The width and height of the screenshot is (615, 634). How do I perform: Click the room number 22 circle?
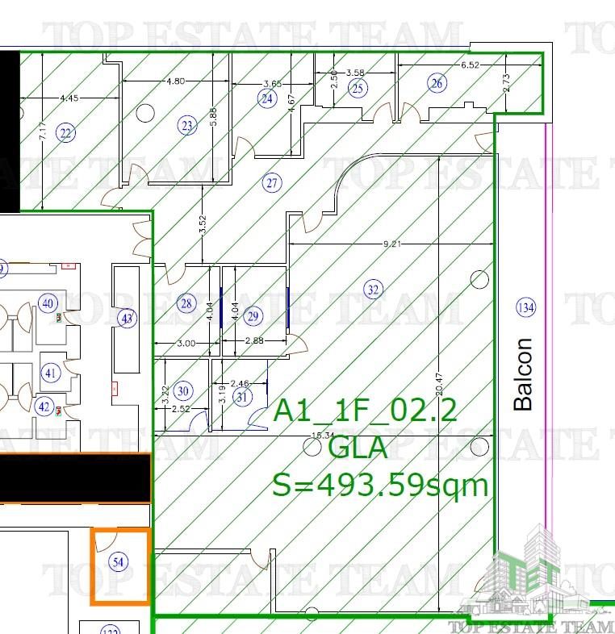[x=66, y=133]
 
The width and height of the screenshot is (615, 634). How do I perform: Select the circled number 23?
[x=187, y=125]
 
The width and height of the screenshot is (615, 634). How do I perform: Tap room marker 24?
[x=267, y=98]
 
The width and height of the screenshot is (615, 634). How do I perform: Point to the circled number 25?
[x=358, y=89]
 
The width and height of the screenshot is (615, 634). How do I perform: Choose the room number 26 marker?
[x=437, y=82]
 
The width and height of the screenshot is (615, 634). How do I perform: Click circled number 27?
[x=272, y=183]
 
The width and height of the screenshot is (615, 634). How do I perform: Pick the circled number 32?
[x=373, y=290]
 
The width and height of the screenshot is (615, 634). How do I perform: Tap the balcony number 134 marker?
[x=525, y=307]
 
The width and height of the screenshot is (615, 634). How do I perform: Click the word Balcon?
[x=524, y=373]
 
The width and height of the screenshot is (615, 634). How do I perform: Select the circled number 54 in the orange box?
[x=119, y=562]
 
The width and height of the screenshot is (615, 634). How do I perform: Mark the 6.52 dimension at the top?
[x=470, y=65]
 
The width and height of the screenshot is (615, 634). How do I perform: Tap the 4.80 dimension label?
[x=175, y=81]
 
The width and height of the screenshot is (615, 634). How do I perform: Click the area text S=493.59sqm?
[x=380, y=486]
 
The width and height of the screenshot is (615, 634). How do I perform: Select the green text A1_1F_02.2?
[x=366, y=411]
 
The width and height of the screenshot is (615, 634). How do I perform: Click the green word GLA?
[x=358, y=448]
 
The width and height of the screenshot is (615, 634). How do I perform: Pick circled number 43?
[x=127, y=319]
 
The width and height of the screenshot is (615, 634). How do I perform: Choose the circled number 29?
[x=253, y=315]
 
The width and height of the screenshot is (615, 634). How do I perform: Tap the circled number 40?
[x=48, y=303]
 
